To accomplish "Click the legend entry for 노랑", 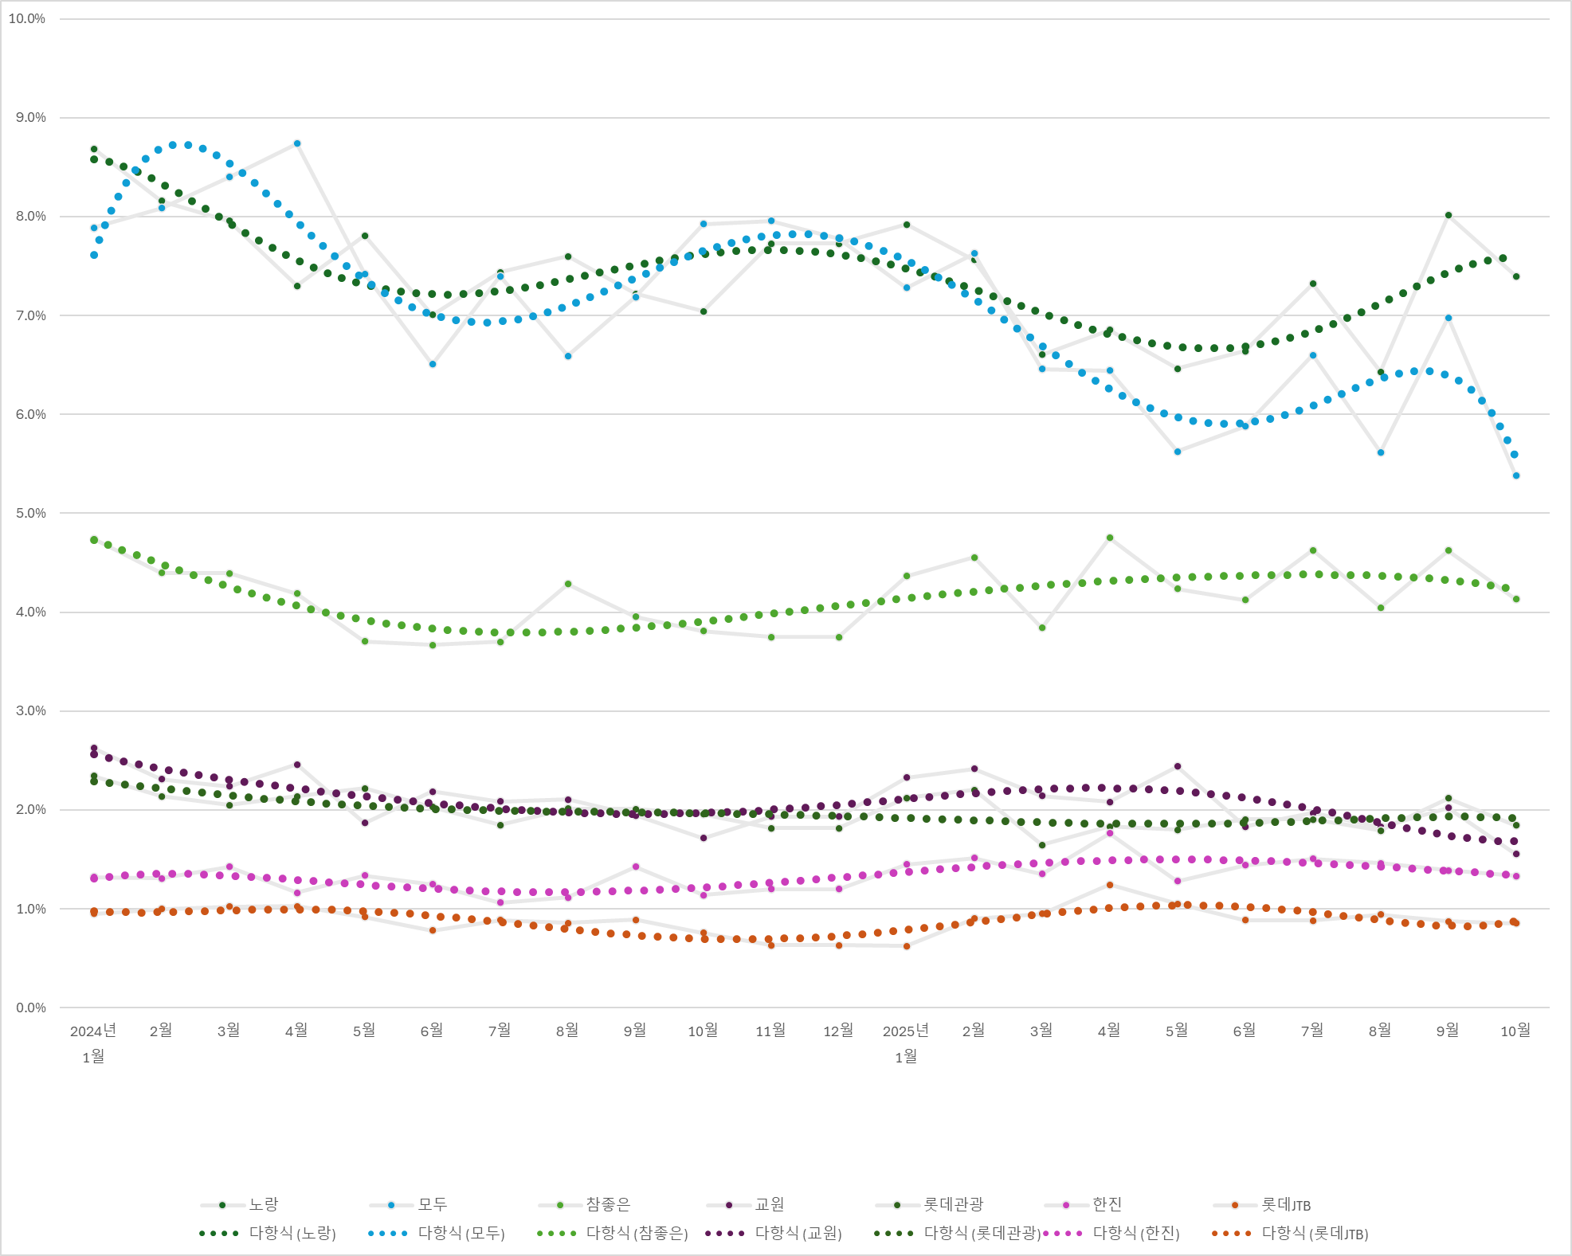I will click(263, 1204).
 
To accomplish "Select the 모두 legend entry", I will click(432, 1204).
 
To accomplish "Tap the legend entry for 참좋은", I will click(608, 1204).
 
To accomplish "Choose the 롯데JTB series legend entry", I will click(1285, 1204).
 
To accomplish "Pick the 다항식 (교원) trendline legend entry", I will click(798, 1233).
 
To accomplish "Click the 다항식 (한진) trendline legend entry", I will click(1135, 1233).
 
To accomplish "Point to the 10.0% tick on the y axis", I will click(27, 18).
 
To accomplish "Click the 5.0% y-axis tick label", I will click(30, 513).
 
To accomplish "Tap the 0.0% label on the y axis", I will click(30, 1008).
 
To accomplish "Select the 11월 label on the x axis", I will click(770, 1031).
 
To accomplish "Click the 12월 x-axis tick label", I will click(838, 1031).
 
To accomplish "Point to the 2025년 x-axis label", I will click(906, 1031).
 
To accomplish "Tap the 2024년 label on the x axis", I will click(93, 1031).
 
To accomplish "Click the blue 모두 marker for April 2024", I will click(297, 143).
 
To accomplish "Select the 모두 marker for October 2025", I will click(1516, 475).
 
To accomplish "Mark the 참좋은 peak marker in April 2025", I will click(1110, 538).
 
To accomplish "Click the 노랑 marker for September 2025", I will click(1449, 215).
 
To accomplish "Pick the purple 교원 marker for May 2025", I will click(1178, 766).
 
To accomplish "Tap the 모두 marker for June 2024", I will click(433, 364).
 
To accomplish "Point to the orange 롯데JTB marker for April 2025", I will click(1110, 885).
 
